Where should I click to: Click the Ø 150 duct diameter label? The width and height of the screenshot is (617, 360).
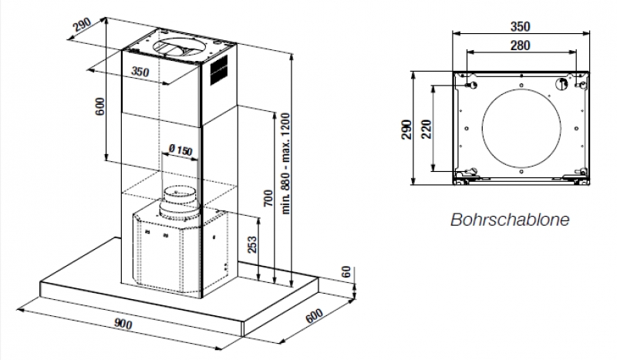click(x=179, y=150)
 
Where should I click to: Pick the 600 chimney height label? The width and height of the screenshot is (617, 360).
click(x=100, y=106)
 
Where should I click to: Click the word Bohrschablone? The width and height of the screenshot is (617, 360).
click(x=510, y=220)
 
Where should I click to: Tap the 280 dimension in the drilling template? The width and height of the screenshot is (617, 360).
click(x=520, y=45)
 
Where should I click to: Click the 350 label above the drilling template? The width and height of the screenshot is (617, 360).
click(x=520, y=25)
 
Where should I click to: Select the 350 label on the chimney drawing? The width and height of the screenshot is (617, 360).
click(x=140, y=72)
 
